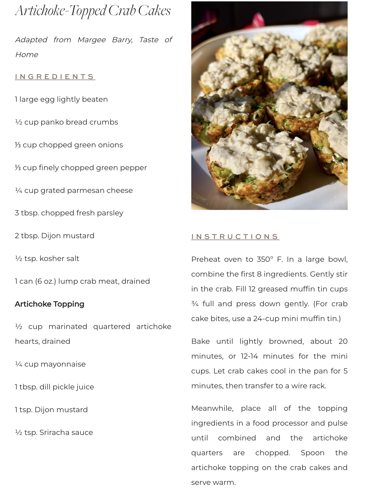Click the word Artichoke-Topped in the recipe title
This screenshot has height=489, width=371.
(x=60, y=11)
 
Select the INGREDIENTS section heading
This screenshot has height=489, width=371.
(x=55, y=77)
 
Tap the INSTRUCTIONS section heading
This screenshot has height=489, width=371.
(x=235, y=237)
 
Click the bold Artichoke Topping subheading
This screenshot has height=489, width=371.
(x=49, y=304)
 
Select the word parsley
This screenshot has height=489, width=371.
(x=110, y=213)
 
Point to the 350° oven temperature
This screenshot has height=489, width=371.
(x=265, y=259)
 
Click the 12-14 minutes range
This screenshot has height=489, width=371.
(x=249, y=356)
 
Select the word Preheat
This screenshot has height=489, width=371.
(x=206, y=259)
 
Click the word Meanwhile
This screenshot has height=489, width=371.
(x=212, y=408)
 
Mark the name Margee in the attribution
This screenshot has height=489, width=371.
(x=92, y=40)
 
